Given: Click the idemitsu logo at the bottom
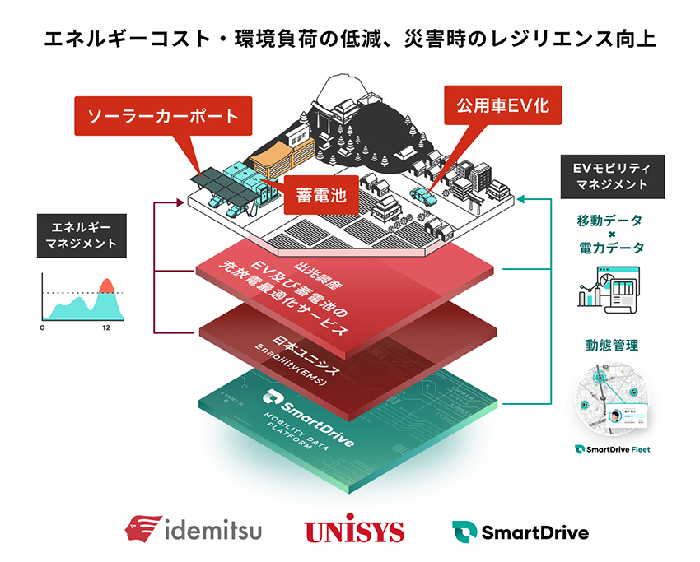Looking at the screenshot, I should coord(194,529).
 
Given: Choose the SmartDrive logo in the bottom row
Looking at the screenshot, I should coord(520,532).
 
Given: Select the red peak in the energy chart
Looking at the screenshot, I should coord(105,286).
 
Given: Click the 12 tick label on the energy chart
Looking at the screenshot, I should coord(106,328).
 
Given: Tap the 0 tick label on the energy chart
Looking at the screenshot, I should coord(42,328).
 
